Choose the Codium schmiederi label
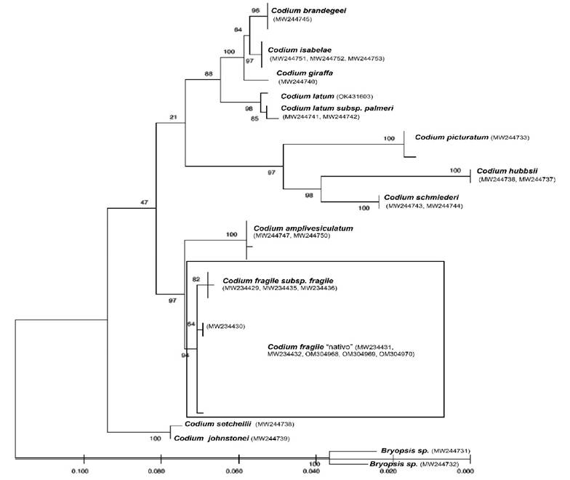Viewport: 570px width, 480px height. click(421, 197)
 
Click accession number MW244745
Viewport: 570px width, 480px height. click(293, 20)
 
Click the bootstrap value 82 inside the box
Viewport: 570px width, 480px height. click(196, 279)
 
